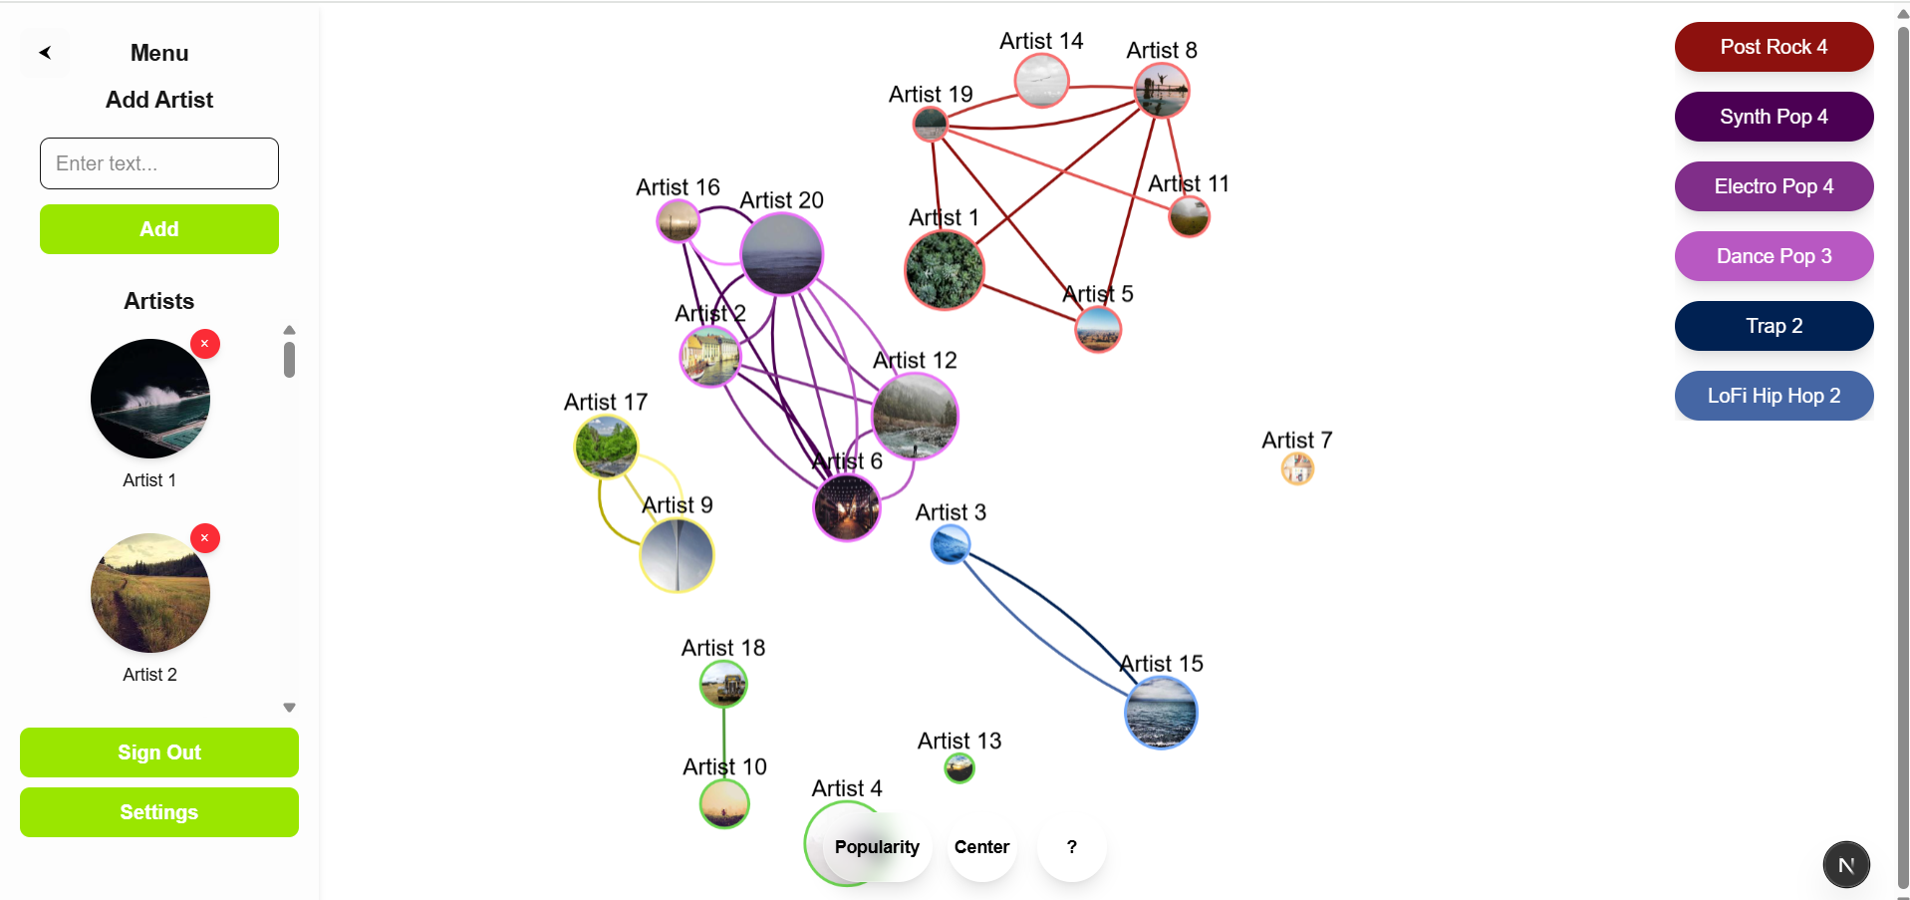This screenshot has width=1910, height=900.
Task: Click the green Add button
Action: (x=159, y=229)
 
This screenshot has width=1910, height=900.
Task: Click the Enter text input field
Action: (x=159, y=163)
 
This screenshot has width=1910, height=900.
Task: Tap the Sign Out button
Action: (x=159, y=752)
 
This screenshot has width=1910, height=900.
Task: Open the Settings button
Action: (x=159, y=812)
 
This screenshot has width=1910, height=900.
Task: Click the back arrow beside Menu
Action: (x=45, y=53)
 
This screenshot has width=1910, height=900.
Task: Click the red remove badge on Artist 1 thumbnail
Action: (x=205, y=344)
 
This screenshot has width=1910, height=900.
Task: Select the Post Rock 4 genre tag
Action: (x=1774, y=47)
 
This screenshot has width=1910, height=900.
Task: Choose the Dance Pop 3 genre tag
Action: (x=1774, y=256)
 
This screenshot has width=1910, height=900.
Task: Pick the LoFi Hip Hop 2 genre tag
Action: (x=1774, y=396)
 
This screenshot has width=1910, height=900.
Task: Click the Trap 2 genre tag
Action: (x=1774, y=326)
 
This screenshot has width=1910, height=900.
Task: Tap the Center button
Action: (x=981, y=847)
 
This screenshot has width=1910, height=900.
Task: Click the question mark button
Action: (x=1072, y=847)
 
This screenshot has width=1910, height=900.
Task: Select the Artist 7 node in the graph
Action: (x=1297, y=468)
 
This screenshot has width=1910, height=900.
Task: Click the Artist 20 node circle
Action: (x=782, y=254)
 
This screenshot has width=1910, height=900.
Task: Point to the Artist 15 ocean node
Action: (x=1161, y=713)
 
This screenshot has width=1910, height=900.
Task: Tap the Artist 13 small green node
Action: (x=959, y=768)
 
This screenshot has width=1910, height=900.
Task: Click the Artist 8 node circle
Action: (x=1162, y=91)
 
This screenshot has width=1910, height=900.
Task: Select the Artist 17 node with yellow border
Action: (x=606, y=447)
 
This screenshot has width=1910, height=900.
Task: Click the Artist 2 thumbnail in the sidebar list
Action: (x=150, y=593)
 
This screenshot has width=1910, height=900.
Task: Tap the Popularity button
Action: (x=877, y=847)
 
